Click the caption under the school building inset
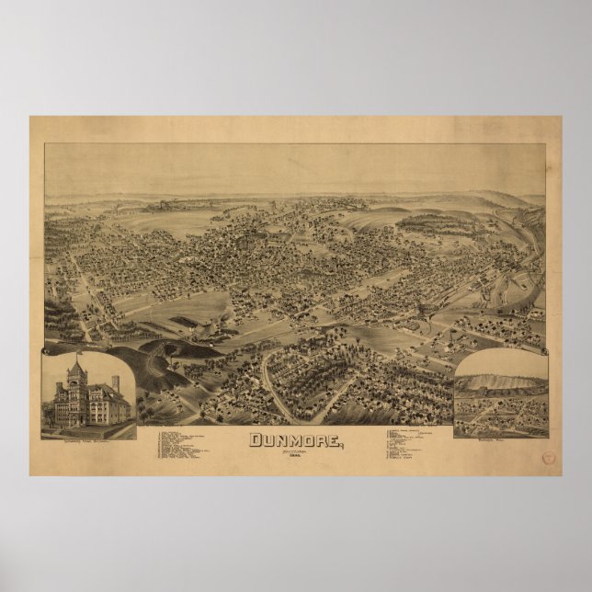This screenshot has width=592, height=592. click(88, 430)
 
